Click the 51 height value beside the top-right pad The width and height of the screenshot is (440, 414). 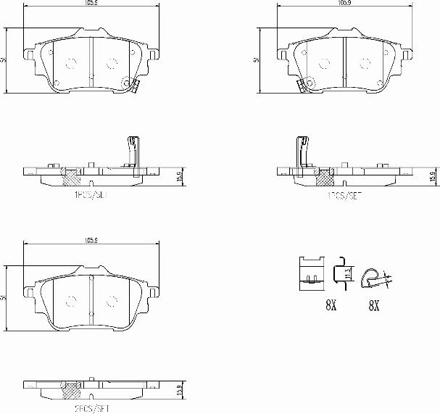click(257, 60)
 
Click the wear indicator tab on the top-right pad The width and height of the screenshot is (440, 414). click(302, 85)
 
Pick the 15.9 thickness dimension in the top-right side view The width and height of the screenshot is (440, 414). click(432, 177)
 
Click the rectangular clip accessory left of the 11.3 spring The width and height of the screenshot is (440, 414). click(311, 273)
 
